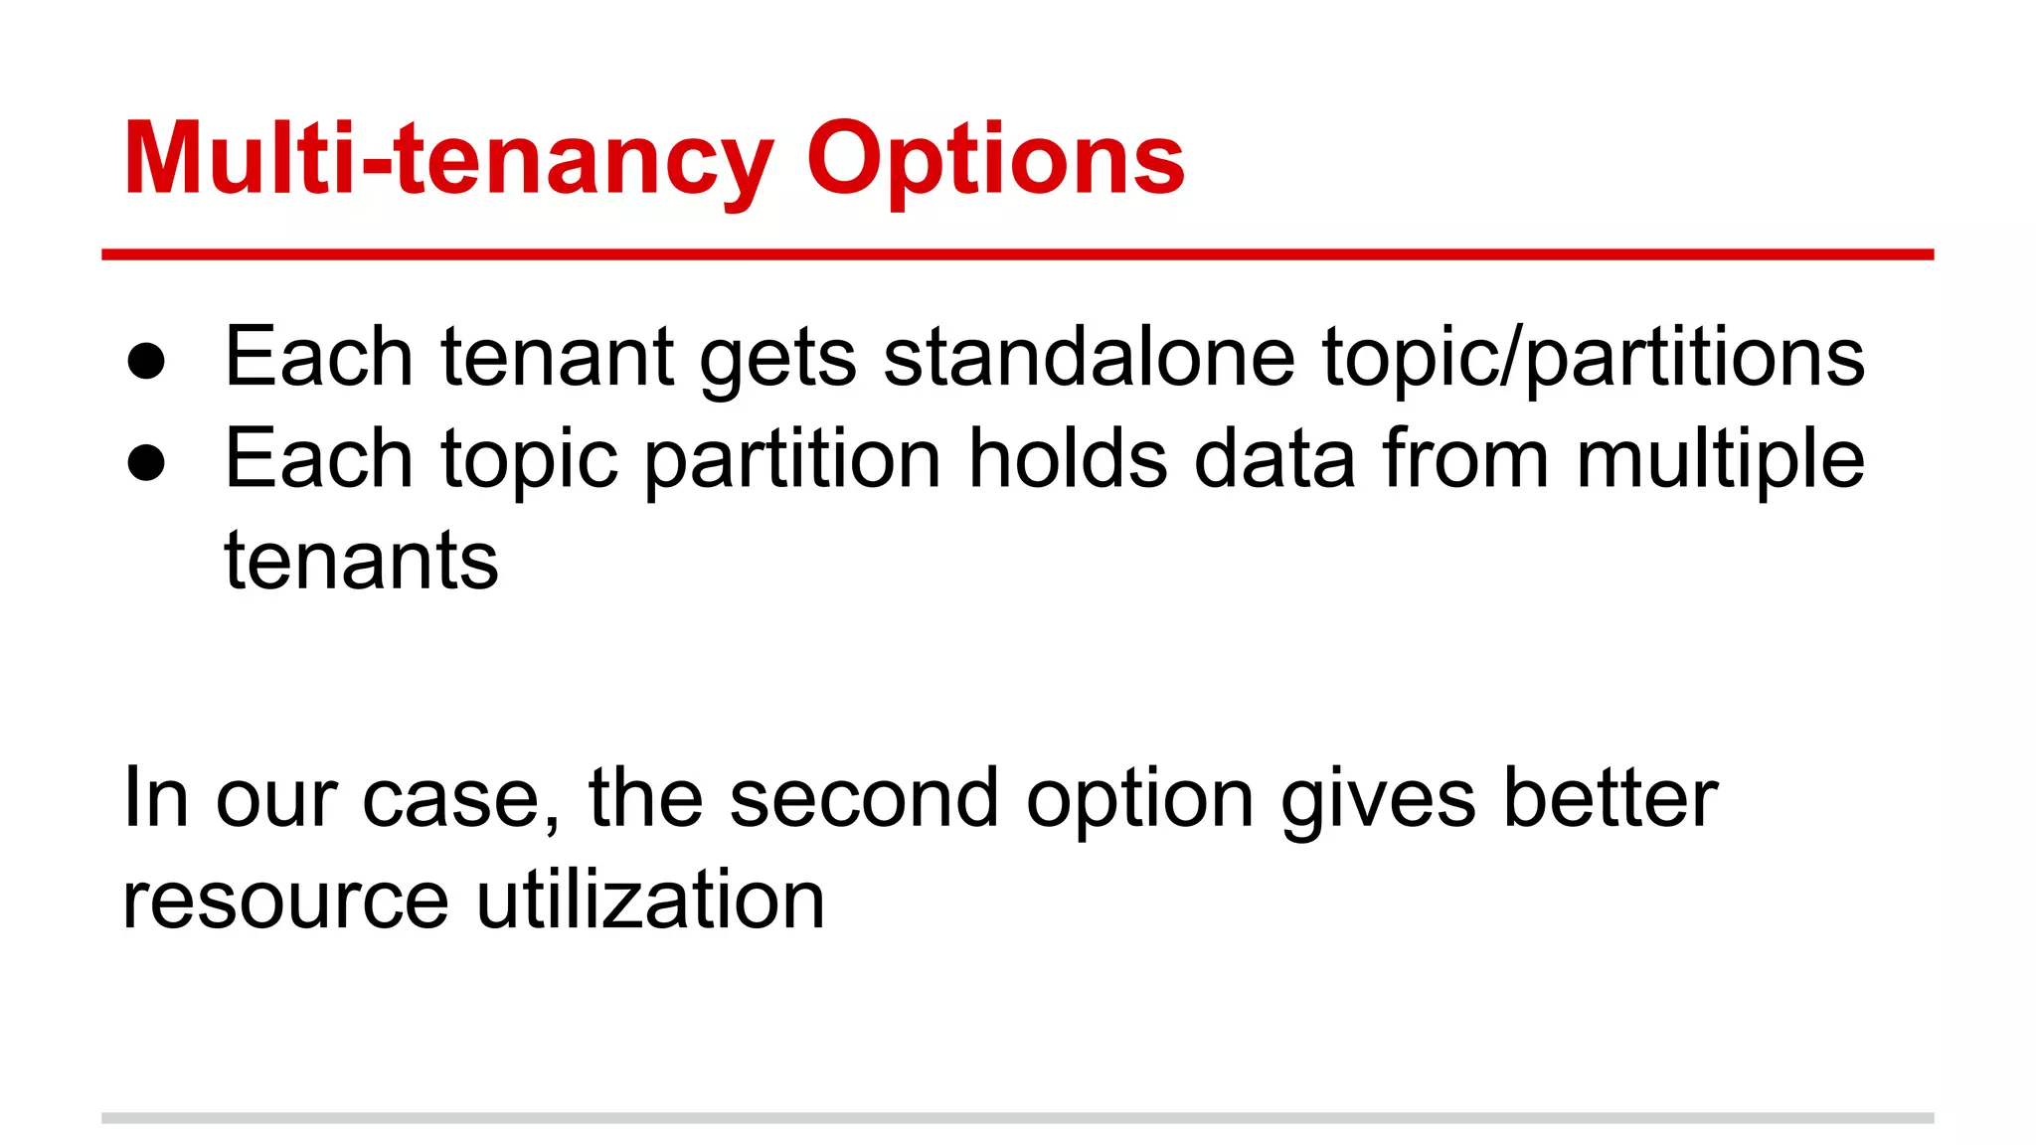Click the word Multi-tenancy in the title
447,159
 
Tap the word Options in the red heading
995,159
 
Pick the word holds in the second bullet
1068,459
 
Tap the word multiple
1720,461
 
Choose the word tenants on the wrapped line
361,562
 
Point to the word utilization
650,900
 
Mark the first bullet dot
146,361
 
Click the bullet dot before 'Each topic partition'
146,462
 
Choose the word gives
1378,800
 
